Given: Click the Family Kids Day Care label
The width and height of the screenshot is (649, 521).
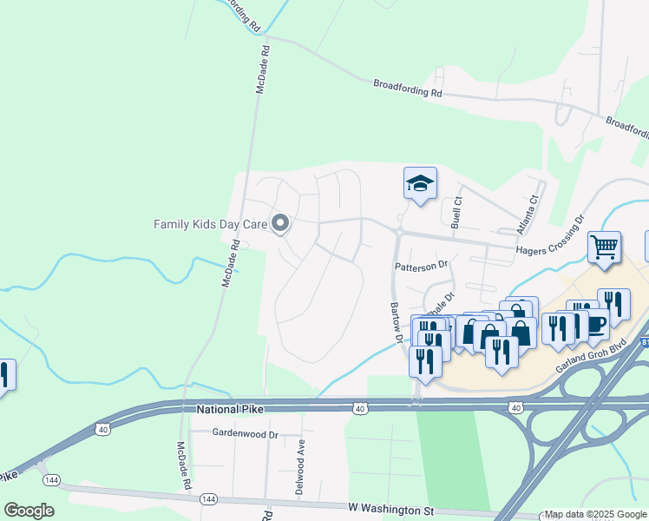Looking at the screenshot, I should pyautogui.click(x=210, y=224).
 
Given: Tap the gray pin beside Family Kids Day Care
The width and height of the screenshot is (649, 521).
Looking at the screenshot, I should pyautogui.click(x=280, y=224).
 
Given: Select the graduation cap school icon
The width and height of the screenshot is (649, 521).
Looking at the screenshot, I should pyautogui.click(x=420, y=184).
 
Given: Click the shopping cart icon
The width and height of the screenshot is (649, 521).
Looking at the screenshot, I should pyautogui.click(x=605, y=247).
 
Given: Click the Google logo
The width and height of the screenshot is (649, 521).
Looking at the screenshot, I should pyautogui.click(x=29, y=510).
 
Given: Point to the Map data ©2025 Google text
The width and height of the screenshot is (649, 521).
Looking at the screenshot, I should pyautogui.click(x=595, y=515).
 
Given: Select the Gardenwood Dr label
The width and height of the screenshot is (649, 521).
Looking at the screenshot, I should pyautogui.click(x=245, y=432).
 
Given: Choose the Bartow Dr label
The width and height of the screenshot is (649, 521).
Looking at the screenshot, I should pyautogui.click(x=397, y=321).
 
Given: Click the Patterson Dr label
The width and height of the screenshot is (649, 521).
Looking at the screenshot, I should pyautogui.click(x=421, y=265).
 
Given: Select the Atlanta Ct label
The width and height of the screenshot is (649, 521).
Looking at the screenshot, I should pyautogui.click(x=528, y=209).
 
